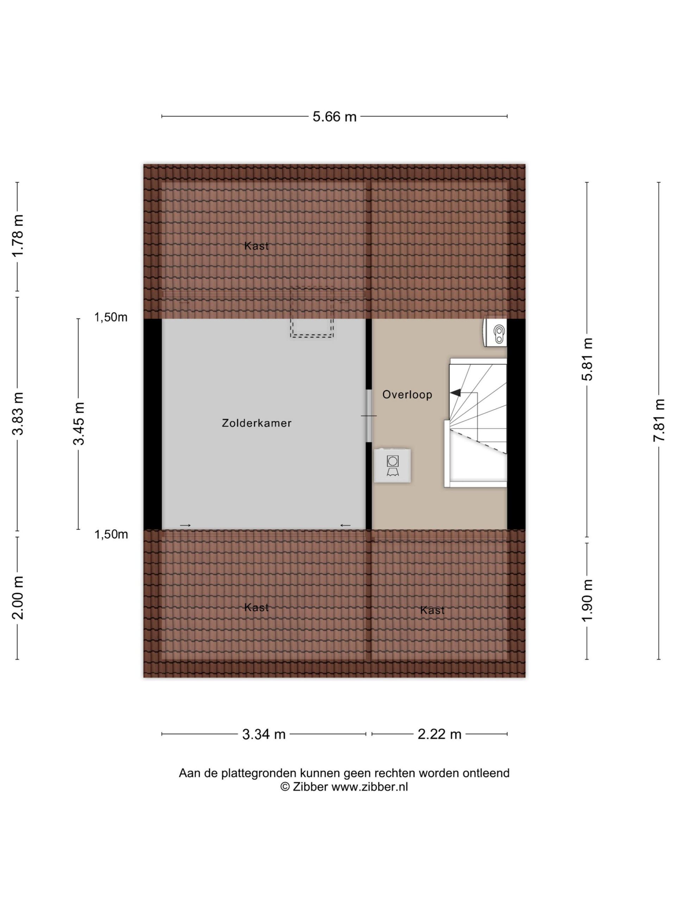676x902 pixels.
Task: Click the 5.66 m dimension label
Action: (x=334, y=117)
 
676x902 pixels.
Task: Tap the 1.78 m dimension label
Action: (x=18, y=235)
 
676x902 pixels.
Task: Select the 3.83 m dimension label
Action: (x=18, y=414)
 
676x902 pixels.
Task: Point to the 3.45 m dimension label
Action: (x=79, y=423)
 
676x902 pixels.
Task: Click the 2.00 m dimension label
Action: (x=18, y=598)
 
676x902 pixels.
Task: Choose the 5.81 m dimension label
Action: (x=587, y=359)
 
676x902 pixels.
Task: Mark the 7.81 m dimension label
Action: (x=659, y=420)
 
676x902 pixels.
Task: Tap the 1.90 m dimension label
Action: (x=587, y=601)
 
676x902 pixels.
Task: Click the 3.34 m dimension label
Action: (x=264, y=734)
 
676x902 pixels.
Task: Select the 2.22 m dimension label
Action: (x=439, y=734)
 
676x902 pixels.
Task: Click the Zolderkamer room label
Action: (x=257, y=423)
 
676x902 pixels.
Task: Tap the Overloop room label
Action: (x=407, y=395)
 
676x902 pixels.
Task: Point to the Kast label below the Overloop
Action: (x=432, y=610)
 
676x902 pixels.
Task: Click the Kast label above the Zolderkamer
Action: (x=256, y=246)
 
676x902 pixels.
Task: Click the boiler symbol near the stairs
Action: (x=495, y=332)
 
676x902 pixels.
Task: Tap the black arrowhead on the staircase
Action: (x=456, y=393)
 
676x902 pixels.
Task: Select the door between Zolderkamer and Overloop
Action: (x=369, y=416)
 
